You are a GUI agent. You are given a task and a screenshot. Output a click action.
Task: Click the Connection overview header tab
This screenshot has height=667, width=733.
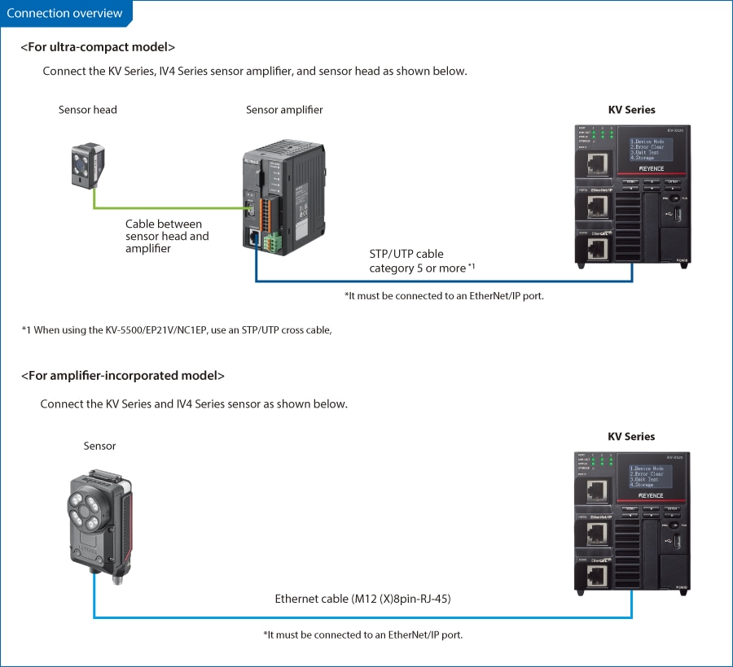[65, 13]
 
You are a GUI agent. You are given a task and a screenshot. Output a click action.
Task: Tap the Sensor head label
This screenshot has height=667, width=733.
[88, 110]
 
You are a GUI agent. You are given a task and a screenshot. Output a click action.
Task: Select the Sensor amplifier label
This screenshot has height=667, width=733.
[284, 110]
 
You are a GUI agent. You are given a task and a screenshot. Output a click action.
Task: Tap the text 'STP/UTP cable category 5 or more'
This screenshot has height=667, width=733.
[418, 261]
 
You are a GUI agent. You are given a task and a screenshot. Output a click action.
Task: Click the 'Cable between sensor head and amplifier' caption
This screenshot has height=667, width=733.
[167, 236]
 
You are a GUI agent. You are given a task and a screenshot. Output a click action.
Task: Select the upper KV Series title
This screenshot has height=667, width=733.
[631, 110]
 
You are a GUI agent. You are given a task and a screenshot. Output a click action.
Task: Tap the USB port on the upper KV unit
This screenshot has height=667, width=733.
[669, 213]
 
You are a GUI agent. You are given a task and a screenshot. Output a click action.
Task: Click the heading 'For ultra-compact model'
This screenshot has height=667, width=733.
[98, 47]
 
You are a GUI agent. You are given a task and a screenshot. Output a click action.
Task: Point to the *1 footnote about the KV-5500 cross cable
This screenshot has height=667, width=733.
[177, 329]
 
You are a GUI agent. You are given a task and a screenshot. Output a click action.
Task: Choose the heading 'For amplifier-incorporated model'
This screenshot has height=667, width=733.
[122, 375]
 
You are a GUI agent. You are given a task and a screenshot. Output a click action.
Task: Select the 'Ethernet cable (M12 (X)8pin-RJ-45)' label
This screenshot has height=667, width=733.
[362, 599]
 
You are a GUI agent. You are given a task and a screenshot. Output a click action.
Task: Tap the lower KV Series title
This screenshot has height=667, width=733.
[631, 437]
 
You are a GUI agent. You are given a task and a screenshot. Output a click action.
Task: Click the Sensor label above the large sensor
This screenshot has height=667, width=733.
[99, 446]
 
